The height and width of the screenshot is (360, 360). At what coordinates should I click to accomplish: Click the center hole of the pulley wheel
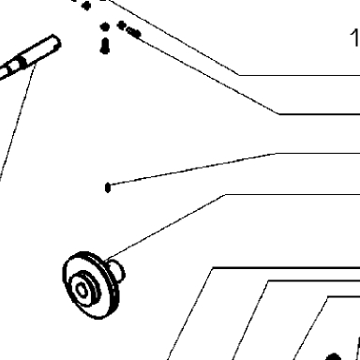(x=82, y=290)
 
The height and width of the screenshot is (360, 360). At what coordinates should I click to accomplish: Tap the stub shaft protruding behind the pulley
(x=117, y=269)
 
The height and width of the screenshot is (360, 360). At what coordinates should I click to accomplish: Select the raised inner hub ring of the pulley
(x=84, y=288)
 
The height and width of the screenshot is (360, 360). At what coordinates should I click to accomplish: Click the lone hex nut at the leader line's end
(x=108, y=187)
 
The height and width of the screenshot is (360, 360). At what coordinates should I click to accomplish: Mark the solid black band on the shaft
(x=22, y=62)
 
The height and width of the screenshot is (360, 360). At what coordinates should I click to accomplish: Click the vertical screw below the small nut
(x=105, y=46)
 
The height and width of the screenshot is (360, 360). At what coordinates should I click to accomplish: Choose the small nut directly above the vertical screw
(x=105, y=27)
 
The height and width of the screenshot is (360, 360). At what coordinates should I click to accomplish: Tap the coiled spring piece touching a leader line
(x=134, y=33)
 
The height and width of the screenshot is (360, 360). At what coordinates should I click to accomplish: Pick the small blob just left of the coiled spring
(x=121, y=25)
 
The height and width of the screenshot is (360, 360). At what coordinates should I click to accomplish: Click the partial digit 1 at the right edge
(x=355, y=37)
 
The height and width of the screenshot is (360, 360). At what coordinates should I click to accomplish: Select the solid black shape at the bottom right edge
(x=333, y=356)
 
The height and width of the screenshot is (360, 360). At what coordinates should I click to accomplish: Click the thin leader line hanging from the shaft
(x=17, y=122)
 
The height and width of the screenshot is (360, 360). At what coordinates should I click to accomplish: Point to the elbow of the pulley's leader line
(x=225, y=195)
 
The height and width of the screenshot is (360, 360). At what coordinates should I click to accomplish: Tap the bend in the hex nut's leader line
(x=276, y=154)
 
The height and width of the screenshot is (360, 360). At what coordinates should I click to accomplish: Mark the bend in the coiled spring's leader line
(x=279, y=114)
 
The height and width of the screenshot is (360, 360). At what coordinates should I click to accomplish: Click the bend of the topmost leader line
(x=239, y=75)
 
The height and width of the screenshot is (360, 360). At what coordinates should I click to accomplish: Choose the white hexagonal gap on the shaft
(x=14, y=67)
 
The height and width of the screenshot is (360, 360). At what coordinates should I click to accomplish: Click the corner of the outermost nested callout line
(x=213, y=268)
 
